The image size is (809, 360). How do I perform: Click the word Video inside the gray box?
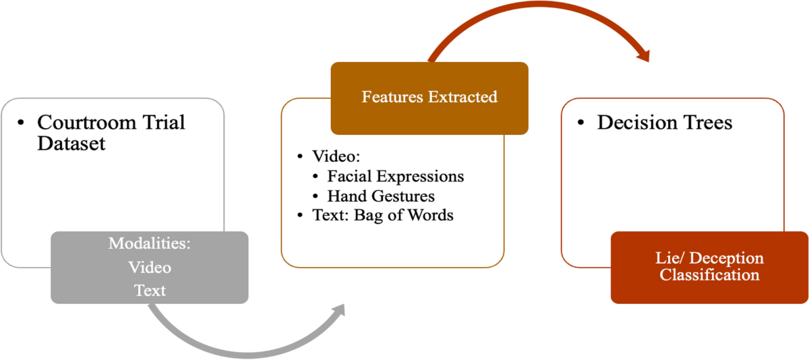coord(150,268)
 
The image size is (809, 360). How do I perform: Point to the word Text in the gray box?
coord(150,291)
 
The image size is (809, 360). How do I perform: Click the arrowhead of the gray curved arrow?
coord(337,311)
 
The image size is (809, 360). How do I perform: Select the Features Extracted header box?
coord(429,98)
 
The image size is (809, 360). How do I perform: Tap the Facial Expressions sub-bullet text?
coord(396,177)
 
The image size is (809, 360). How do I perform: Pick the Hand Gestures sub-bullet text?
coord(381,196)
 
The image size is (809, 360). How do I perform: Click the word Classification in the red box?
coord(709,275)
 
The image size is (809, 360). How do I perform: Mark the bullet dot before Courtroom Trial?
coord(21,123)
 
